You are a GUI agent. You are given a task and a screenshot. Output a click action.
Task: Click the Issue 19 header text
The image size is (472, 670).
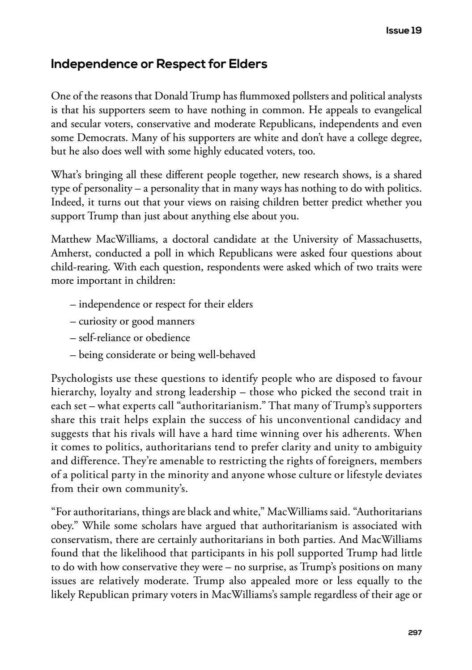pyautogui.click(x=404, y=30)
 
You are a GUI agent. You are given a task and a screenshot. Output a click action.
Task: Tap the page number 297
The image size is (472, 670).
pyautogui.click(x=415, y=632)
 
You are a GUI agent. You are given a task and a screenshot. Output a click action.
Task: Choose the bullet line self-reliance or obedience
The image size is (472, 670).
pyautogui.click(x=130, y=338)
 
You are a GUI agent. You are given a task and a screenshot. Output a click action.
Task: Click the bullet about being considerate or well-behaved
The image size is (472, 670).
pyautogui.click(x=163, y=355)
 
